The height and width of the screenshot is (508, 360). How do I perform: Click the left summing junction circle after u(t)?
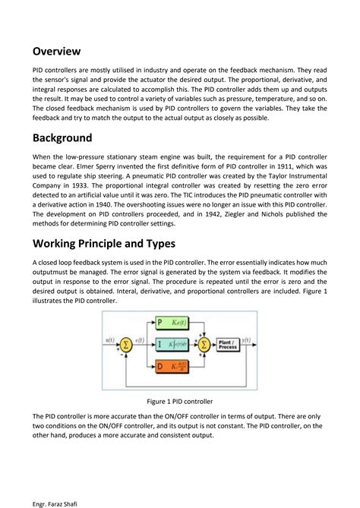(x=125, y=346)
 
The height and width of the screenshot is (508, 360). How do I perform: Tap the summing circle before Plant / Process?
(x=204, y=345)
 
